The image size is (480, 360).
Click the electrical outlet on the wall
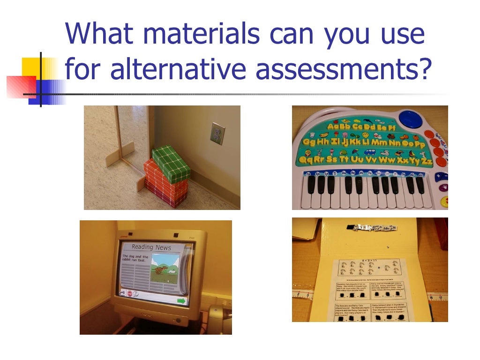point(217,133)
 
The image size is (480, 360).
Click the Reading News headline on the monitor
point(151,247)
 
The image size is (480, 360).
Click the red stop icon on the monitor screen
point(129,293)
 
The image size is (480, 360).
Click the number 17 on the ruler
point(442,297)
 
